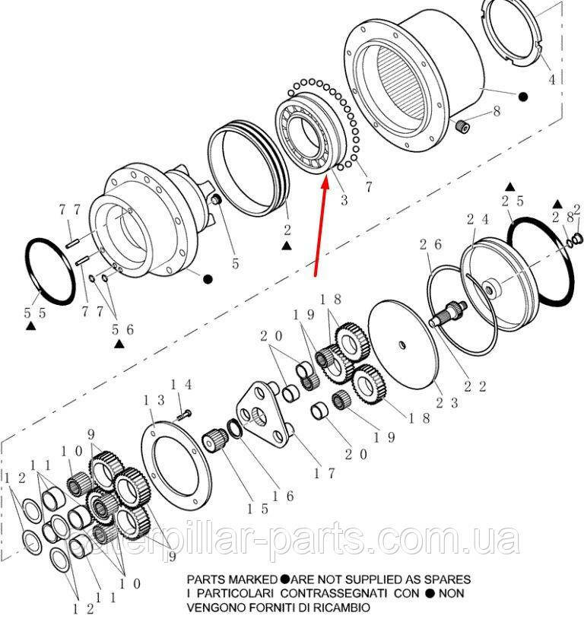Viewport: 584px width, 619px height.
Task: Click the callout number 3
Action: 344,200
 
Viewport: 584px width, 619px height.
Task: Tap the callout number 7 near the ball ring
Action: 368,186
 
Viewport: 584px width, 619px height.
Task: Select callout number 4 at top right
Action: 552,80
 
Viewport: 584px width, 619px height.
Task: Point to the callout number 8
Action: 497,111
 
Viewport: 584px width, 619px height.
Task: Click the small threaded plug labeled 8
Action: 462,126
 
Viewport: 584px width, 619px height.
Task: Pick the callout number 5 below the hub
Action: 236,263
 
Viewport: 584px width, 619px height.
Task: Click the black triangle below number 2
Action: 287,246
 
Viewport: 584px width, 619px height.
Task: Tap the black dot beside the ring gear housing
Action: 523,97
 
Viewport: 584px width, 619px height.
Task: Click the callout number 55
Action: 35,313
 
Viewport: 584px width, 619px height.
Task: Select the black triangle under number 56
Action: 119,344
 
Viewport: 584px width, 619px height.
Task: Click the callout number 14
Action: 181,385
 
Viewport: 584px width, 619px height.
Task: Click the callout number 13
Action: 154,401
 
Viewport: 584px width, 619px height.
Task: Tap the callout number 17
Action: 324,473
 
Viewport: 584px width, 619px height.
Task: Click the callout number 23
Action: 447,403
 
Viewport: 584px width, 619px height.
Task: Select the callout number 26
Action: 431,245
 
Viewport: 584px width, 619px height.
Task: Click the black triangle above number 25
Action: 510,186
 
